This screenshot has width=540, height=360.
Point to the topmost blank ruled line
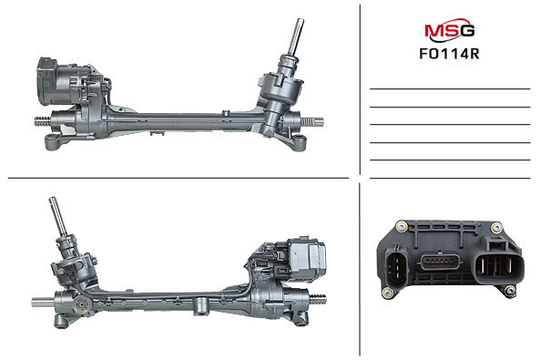pos(450,88)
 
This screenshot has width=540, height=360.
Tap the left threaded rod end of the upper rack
pos(40,119)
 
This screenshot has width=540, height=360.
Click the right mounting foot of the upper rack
pos(293,141)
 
